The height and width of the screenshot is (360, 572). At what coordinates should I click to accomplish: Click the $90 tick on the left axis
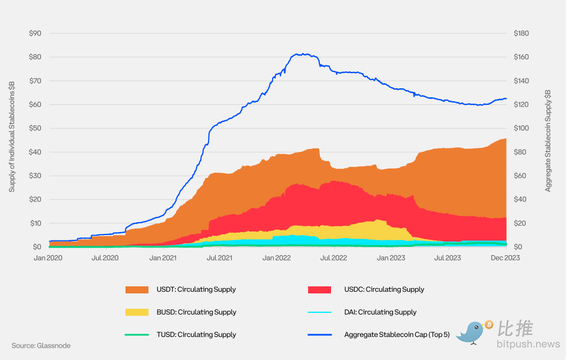click(35, 34)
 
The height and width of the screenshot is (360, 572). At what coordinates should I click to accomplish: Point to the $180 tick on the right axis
click(521, 34)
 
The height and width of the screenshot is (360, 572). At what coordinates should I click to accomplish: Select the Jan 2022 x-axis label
click(276, 257)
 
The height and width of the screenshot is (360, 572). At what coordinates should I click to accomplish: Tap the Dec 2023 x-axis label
click(506, 257)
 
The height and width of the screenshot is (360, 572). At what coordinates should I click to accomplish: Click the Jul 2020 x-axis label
click(105, 257)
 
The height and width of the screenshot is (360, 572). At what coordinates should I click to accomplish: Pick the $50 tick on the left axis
click(35, 128)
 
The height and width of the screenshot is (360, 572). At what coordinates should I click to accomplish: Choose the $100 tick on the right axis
click(521, 128)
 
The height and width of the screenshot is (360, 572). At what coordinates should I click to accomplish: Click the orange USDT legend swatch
click(137, 289)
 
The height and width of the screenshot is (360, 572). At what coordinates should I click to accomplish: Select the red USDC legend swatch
click(320, 289)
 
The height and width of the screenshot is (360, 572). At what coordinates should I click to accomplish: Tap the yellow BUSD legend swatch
click(137, 312)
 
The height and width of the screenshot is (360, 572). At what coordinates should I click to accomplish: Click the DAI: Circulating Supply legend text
click(380, 312)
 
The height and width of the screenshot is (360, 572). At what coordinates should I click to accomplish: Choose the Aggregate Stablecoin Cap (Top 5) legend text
click(396, 335)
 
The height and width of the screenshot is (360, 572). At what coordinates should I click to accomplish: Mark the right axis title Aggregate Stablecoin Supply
click(548, 141)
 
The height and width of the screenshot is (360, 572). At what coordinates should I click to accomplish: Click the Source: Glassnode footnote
click(41, 345)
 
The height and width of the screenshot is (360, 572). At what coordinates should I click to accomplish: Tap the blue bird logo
click(473, 332)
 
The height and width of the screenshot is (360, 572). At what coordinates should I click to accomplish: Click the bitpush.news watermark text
click(528, 344)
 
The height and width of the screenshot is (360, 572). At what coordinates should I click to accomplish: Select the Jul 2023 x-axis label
click(447, 257)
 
